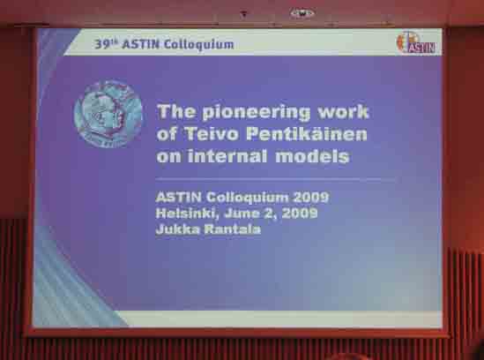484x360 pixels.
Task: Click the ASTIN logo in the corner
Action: coord(416,42)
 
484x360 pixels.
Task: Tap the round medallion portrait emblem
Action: coord(108,114)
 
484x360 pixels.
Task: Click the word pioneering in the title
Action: coord(257,112)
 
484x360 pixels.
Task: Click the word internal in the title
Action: coord(227,156)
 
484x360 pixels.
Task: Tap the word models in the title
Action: coord(312,156)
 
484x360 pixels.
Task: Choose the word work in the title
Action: coord(343,111)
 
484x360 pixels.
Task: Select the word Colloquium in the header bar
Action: coord(198,45)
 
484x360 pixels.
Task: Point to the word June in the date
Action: coord(240,214)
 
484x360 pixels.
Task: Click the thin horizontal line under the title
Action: coord(275,179)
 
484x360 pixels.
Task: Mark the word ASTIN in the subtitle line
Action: coord(178,197)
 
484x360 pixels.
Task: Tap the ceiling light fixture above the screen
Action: coord(302,13)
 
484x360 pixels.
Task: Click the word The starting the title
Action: coord(176,111)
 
